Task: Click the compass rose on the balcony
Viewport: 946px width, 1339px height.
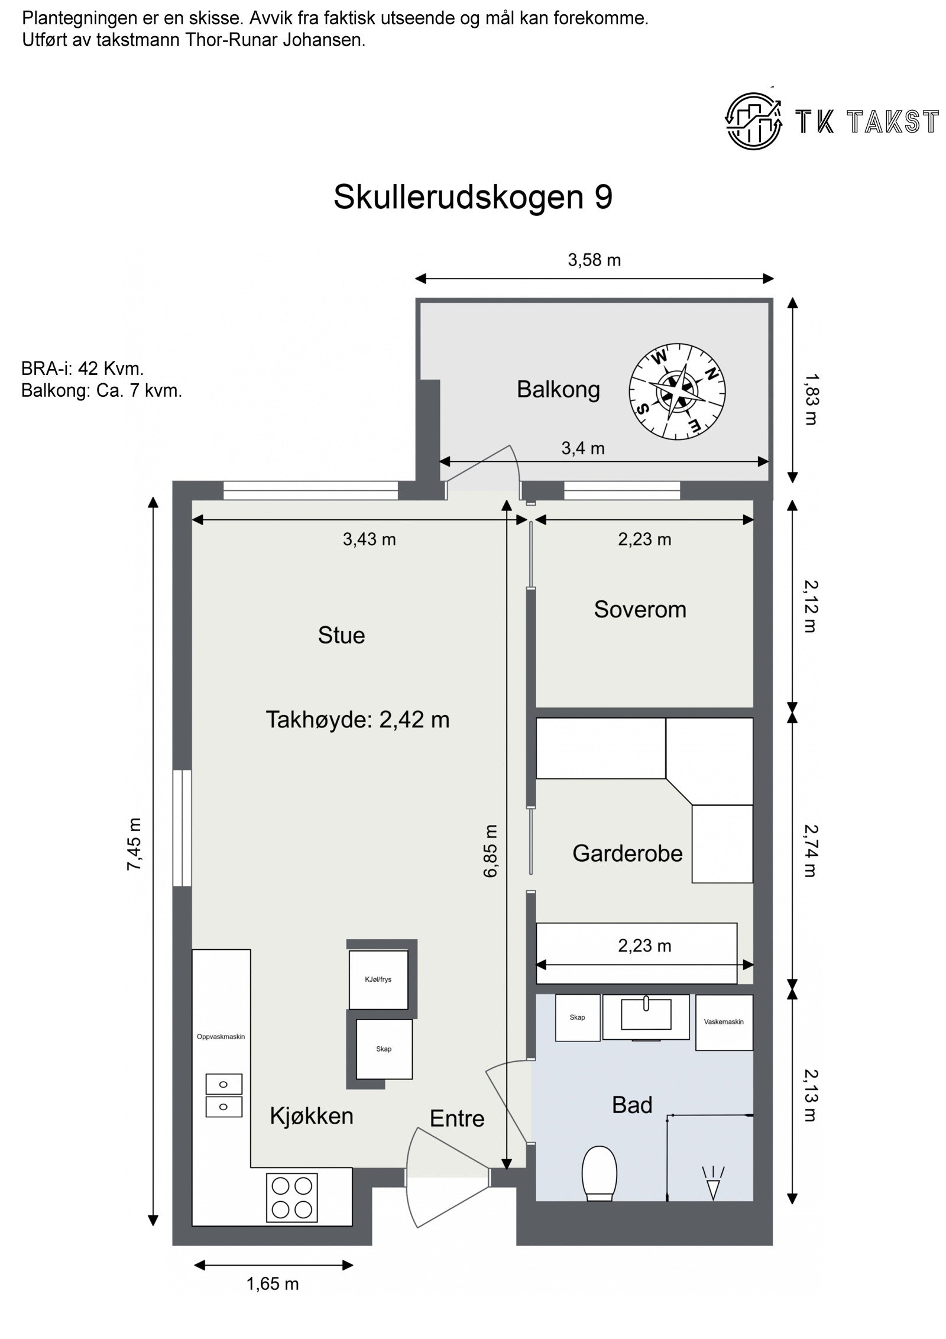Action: click(677, 391)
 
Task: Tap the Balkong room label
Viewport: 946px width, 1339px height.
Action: click(558, 389)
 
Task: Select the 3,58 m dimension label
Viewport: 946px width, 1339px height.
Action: click(594, 260)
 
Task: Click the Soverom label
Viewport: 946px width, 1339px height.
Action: click(640, 609)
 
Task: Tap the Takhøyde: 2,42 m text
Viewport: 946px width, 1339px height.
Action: click(357, 719)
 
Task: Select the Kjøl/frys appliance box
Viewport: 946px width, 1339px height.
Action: click(378, 979)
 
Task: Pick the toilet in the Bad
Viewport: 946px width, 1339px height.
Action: click(599, 1173)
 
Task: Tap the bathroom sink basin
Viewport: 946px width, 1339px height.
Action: click(646, 1015)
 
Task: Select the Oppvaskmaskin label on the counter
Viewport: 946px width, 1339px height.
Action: click(221, 1036)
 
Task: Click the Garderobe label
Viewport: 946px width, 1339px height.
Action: click(627, 853)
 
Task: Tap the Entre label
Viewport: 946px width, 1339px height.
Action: click(456, 1118)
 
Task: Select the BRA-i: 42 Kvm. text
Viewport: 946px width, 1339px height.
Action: click(82, 368)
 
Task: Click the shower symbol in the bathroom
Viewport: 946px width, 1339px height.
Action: click(713, 1182)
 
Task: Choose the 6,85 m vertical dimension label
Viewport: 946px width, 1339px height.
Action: click(491, 850)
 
